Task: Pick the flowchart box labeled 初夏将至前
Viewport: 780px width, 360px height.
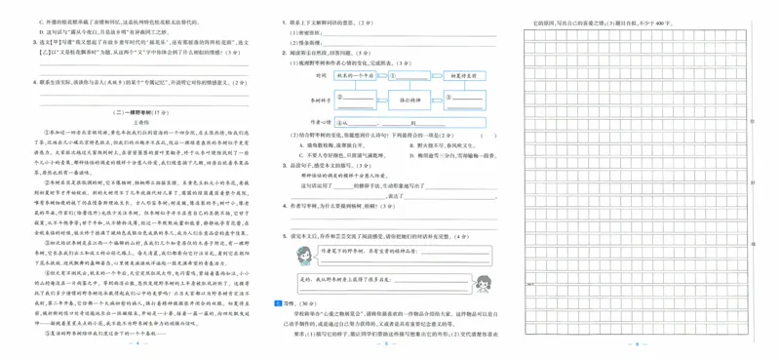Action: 460,74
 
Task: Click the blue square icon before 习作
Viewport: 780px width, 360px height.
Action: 278,303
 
